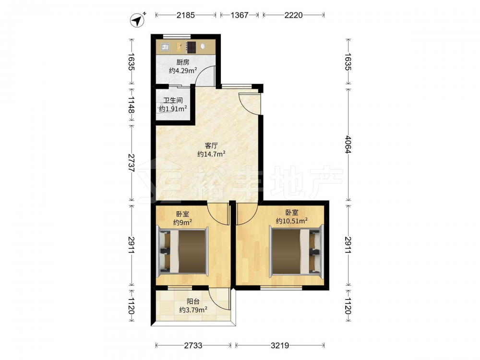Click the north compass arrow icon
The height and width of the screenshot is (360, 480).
coord(138,20)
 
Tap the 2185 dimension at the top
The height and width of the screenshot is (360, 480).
coord(185,15)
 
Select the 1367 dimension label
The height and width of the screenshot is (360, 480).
coord(240,15)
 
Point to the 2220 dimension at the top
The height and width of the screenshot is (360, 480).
coord(294,15)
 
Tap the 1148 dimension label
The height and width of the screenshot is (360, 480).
coord(132,104)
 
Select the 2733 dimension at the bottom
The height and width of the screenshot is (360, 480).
coord(193,346)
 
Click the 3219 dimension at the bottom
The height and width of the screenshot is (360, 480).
coord(280,346)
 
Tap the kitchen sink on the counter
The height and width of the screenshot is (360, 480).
coord(165,47)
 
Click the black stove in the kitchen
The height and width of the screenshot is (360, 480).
coord(192,47)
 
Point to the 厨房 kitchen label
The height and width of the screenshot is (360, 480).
coord(183,62)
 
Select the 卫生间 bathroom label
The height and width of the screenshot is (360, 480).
coord(173,100)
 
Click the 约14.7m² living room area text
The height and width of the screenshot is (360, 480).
coord(212,154)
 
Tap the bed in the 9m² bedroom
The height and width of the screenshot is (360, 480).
coord(182,250)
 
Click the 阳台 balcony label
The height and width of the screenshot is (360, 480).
coord(193,302)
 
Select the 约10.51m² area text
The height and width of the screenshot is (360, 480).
coord(292,221)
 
